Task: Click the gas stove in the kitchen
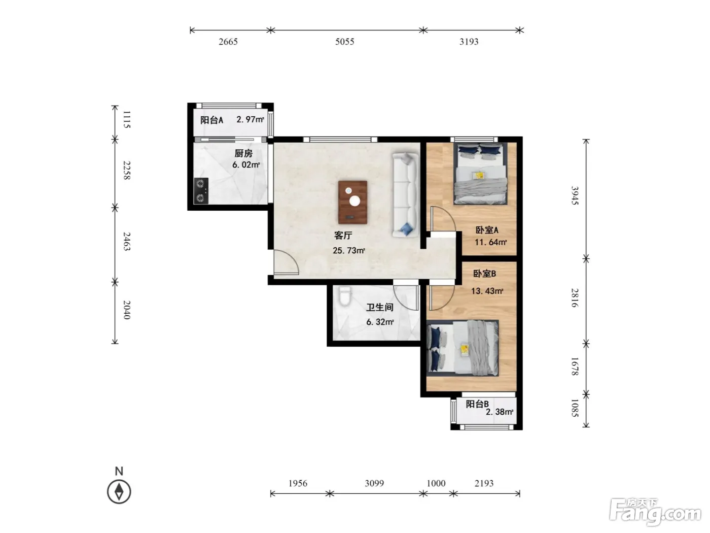click(200, 191)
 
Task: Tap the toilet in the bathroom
click(345, 296)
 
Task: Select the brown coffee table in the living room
click(352, 202)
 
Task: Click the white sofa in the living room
click(405, 195)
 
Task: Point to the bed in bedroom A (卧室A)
click(480, 174)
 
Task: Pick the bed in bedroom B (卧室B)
click(463, 348)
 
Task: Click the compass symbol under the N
click(119, 492)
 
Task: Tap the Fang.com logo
click(655, 512)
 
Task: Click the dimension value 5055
click(344, 42)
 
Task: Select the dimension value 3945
click(575, 195)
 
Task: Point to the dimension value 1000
click(436, 483)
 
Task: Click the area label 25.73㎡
click(349, 250)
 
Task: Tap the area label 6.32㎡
click(380, 322)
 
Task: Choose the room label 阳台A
click(211, 120)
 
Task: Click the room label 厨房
click(243, 153)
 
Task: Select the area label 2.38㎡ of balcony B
click(500, 412)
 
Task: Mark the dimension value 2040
click(127, 310)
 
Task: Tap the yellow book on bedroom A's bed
click(478, 176)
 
